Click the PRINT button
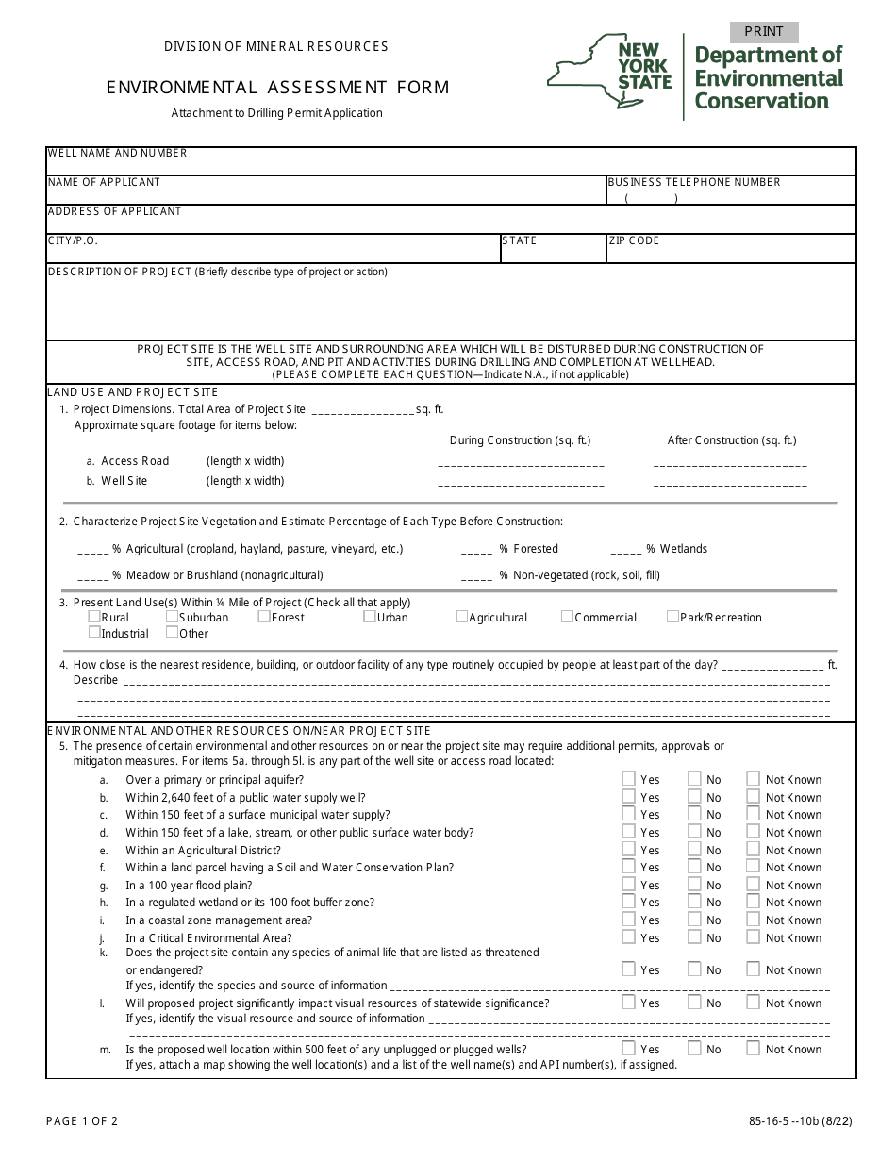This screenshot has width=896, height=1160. [x=764, y=32]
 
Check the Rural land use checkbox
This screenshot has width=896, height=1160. [x=94, y=617]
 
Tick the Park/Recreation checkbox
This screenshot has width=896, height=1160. [x=672, y=617]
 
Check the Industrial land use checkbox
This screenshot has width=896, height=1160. [x=94, y=633]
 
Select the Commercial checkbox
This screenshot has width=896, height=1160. [x=567, y=617]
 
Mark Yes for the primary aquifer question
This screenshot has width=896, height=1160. [x=628, y=779]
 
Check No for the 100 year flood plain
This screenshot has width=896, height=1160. [x=694, y=885]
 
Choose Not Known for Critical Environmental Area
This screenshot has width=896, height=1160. [x=753, y=937]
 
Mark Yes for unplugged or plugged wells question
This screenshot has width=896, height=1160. [x=628, y=1048]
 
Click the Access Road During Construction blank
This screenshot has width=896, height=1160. [x=521, y=464]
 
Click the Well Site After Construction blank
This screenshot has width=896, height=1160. [x=729, y=484]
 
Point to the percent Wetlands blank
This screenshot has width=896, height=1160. [x=626, y=551]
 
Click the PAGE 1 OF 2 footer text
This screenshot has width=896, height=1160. [x=82, y=1121]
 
